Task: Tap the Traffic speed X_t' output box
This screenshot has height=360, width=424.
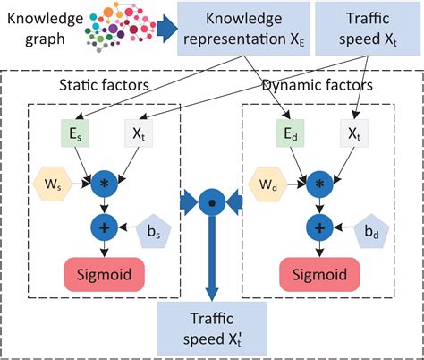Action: (x=211, y=329)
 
